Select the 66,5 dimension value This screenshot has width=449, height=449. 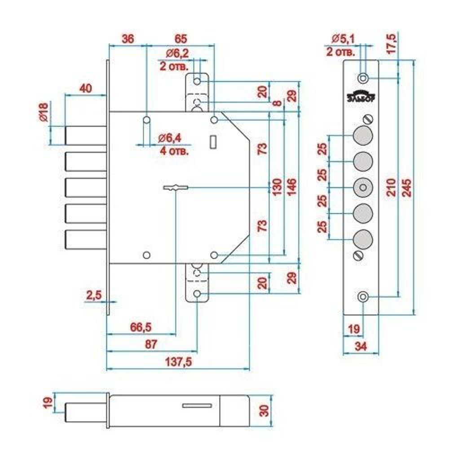[141, 327]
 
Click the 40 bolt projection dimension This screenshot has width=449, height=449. [85, 88]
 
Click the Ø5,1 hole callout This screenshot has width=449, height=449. [343, 39]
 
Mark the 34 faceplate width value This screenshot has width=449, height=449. [360, 346]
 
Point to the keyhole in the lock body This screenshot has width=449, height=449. [176, 188]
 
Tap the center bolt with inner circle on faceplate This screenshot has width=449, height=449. [363, 187]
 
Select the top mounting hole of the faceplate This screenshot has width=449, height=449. [364, 78]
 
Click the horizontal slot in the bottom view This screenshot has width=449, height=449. [197, 406]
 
